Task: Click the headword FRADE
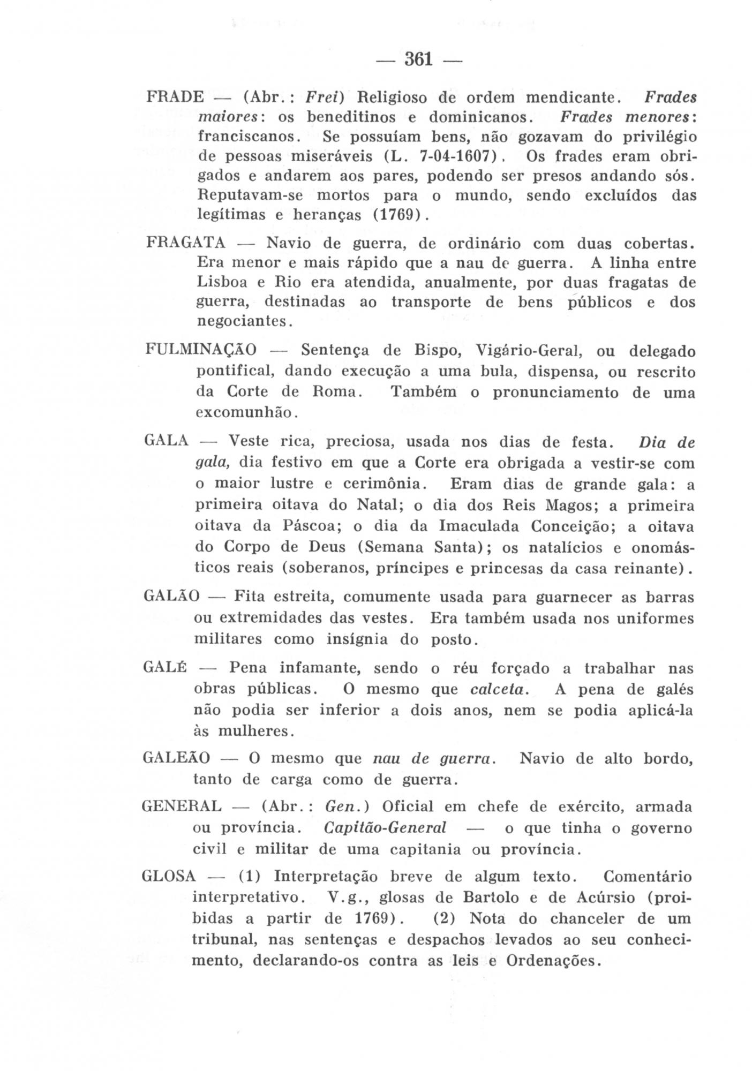(175, 97)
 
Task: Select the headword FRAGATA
(186, 243)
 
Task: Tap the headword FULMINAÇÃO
(201, 351)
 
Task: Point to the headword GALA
(167, 441)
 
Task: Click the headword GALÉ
(165, 668)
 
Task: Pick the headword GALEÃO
(177, 758)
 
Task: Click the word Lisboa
(222, 282)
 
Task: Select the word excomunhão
(245, 412)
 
